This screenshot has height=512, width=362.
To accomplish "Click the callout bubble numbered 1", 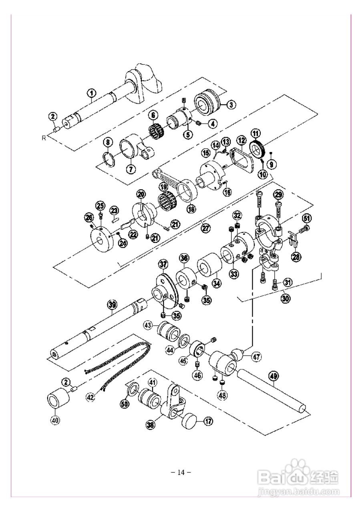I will [92, 93].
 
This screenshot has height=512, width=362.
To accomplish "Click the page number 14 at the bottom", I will [181, 472].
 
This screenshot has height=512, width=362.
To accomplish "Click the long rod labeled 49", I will [272, 389].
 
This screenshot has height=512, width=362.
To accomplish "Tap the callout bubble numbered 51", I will [306, 218].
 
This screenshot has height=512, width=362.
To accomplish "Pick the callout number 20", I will [140, 194].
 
